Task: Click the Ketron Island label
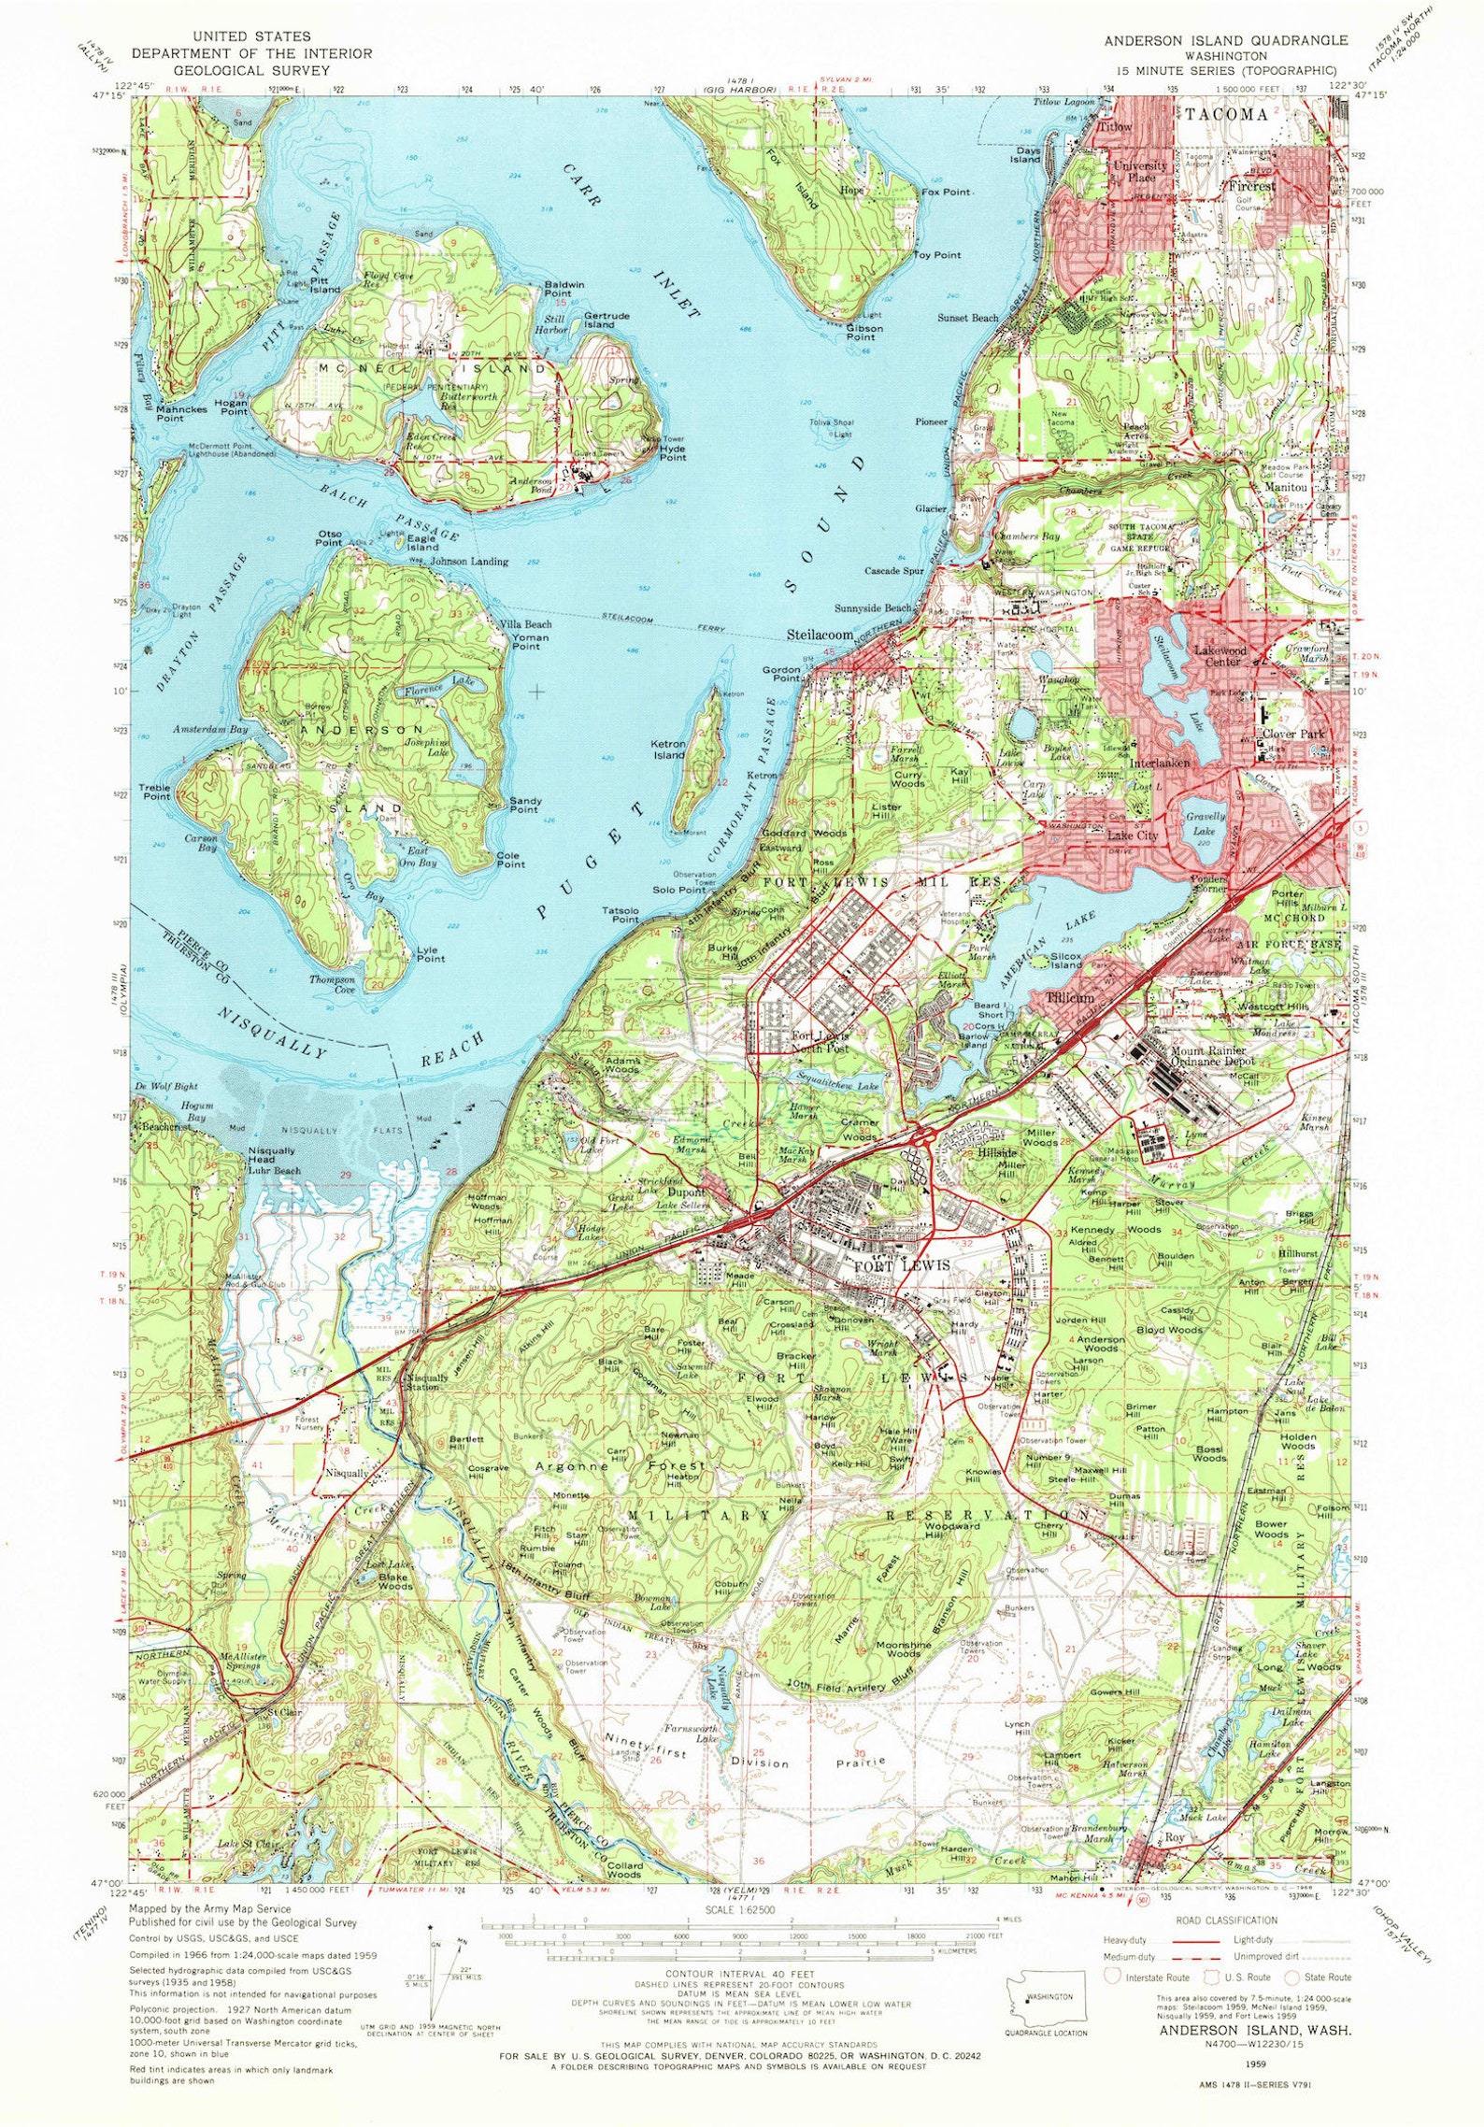tap(669, 749)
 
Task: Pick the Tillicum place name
tap(1070, 997)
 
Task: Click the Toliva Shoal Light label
tap(831, 429)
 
